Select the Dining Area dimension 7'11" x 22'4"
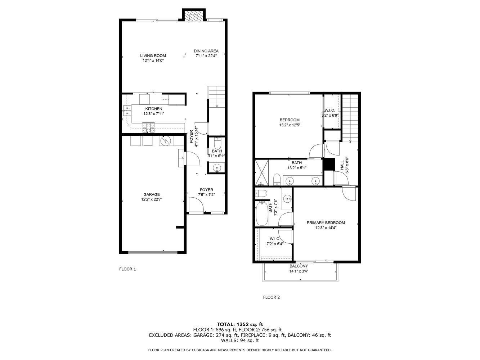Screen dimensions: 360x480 pos(206,56)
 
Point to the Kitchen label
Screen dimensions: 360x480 pos(154,109)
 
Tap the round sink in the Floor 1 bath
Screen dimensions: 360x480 pos(217,168)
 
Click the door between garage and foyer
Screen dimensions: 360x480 pos(191,158)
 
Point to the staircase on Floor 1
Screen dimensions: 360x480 pos(216,97)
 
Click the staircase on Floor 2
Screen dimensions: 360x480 pos(350,117)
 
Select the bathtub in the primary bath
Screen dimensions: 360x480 pos(262,213)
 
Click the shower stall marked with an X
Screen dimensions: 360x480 pos(262,172)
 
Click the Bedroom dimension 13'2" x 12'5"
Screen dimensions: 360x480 pos(290,125)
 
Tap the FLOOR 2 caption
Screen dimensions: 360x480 pos(271,297)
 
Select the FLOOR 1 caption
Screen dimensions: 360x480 pos(127,269)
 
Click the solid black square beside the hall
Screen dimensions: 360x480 pos(328,164)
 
